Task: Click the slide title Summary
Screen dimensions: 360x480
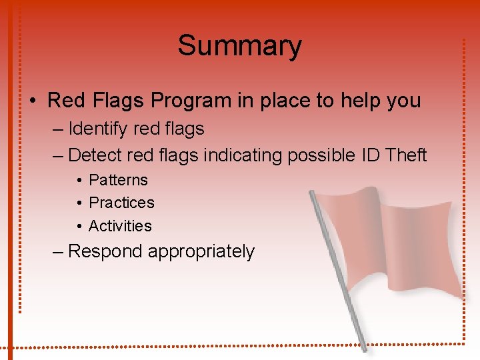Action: [x=239, y=46]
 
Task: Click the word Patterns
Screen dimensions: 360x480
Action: [x=118, y=180]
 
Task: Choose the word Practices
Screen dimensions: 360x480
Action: [x=121, y=203]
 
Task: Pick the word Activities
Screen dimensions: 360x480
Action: [x=120, y=226]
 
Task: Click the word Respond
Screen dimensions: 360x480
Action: [x=105, y=251]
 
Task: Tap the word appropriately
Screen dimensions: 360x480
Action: [x=201, y=252]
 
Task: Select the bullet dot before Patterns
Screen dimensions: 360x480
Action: [x=79, y=181]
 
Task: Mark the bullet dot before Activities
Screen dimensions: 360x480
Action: [x=79, y=227]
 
